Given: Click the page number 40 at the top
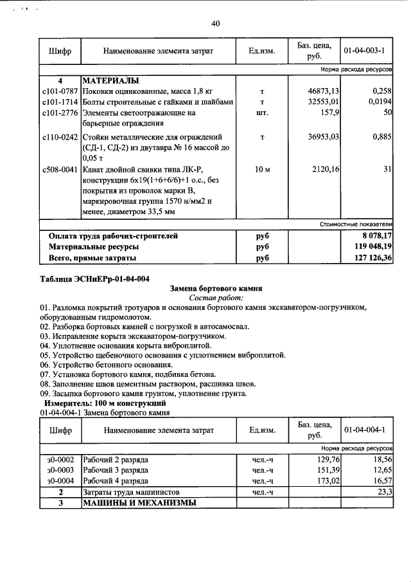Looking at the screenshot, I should pyautogui.click(x=215, y=24).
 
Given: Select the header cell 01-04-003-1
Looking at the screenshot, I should pyautogui.click(x=364, y=50).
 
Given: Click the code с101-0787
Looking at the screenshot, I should pyautogui.click(x=59, y=92).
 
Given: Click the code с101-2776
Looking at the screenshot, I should pyautogui.click(x=59, y=113).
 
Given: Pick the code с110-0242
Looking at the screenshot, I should pyautogui.click(x=59, y=136).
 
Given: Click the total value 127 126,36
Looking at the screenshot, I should pyautogui.click(x=369, y=258).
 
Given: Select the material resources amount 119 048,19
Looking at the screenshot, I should pyautogui.click(x=369, y=247).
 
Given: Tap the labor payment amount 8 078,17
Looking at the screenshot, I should pyautogui.click(x=373, y=236).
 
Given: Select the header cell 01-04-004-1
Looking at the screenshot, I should pyautogui.click(x=364, y=429).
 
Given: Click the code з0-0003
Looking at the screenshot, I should pyautogui.click(x=60, y=471).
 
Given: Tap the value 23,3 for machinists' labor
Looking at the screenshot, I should pyautogui.click(x=385, y=491).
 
